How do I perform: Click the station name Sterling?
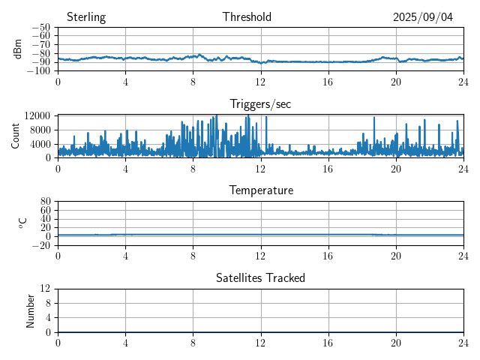(85, 17)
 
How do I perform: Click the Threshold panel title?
(247, 17)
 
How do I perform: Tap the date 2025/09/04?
(423, 17)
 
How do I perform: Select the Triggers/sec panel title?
(260, 104)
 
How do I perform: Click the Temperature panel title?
(260, 190)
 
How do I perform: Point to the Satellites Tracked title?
(260, 277)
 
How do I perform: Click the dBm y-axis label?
(18, 49)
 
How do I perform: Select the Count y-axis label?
(16, 136)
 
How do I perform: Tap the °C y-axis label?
(22, 223)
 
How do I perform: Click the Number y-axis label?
(31, 310)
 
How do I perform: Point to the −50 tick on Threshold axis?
(41, 28)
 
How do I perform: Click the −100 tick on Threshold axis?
(39, 70)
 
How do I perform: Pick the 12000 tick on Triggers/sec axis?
(37, 115)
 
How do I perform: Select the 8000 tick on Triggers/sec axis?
(40, 129)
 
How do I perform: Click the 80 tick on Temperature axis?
(46, 202)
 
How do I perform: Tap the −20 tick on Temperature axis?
(41, 245)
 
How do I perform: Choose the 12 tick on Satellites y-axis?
(46, 289)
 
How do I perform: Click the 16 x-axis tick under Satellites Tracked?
(328, 341)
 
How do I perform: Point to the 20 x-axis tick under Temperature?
(396, 254)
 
